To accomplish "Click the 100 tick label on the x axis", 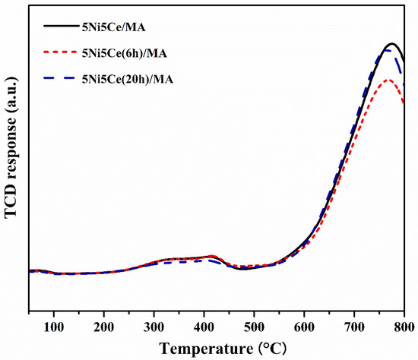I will [x=54, y=327].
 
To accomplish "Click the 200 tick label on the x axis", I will [x=104, y=327].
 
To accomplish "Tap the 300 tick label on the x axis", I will [x=154, y=327].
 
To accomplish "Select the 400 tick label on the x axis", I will [x=204, y=327].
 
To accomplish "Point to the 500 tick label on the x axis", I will [x=255, y=327].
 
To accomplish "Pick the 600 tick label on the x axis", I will [x=305, y=327].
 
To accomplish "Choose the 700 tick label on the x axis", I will [x=355, y=327].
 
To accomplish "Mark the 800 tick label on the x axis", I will [x=404, y=327].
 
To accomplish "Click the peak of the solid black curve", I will [x=392, y=44].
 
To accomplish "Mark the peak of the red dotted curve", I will [x=388, y=80].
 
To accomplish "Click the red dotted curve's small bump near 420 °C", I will [x=212, y=256].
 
